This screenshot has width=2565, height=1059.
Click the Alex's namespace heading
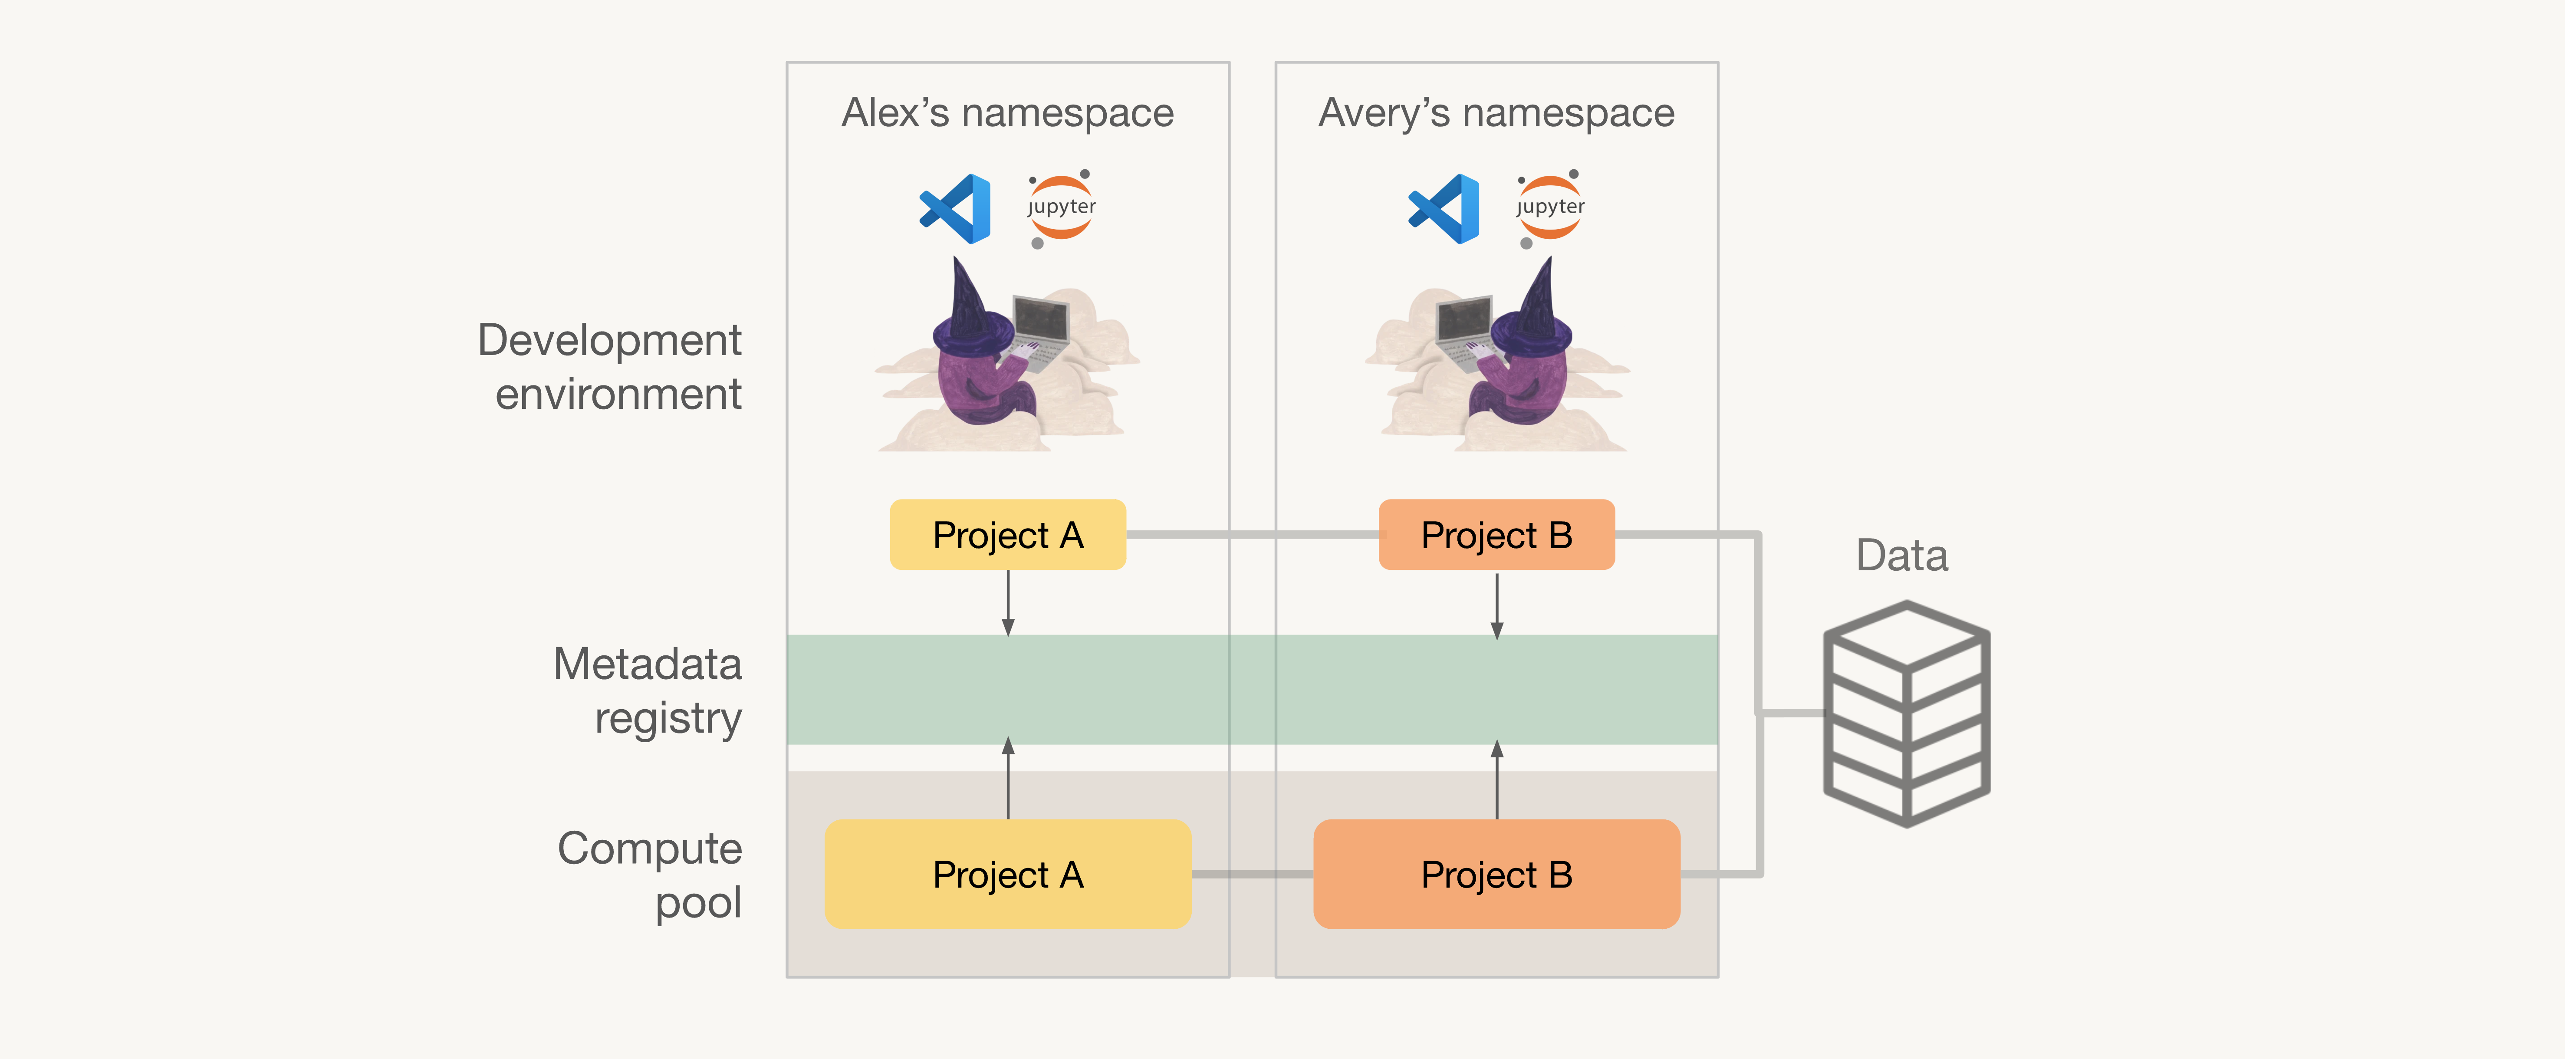(x=1008, y=112)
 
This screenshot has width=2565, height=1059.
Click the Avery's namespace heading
(x=1496, y=112)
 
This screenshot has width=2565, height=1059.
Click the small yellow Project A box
(x=1008, y=534)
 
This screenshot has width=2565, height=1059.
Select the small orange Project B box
(x=1496, y=534)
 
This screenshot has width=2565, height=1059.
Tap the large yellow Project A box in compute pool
(x=1008, y=874)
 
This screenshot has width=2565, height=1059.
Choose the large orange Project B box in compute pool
(x=1496, y=874)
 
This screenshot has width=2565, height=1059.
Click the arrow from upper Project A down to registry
(x=1008, y=603)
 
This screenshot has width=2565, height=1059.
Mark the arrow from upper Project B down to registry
(x=1496, y=605)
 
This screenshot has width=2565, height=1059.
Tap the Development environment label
(x=609, y=366)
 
